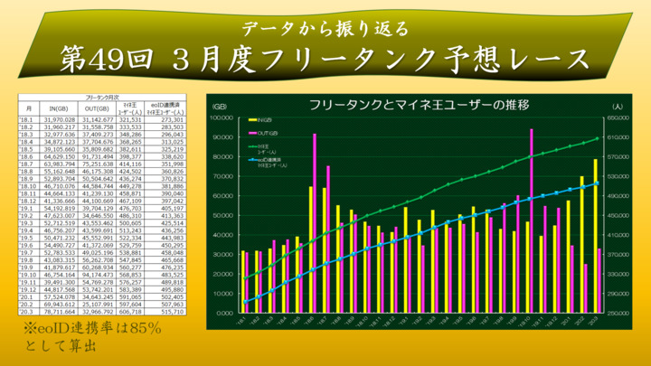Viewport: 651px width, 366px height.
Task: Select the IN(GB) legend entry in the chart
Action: tap(263, 118)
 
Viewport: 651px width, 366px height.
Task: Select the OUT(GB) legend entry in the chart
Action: tap(265, 131)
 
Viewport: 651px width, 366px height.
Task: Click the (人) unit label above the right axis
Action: tap(614, 106)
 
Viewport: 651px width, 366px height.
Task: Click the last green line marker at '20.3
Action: tap(598, 138)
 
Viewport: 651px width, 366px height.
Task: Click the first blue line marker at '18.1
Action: tap(245, 302)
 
